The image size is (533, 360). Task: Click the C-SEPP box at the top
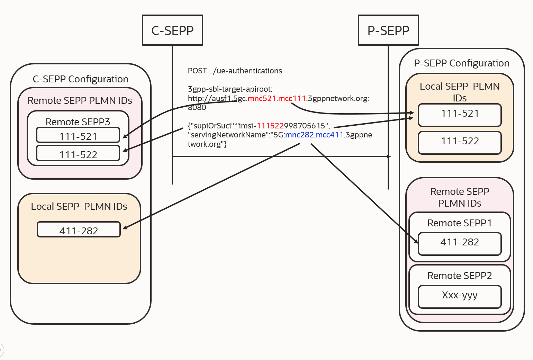172,30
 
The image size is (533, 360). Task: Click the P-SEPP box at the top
388,30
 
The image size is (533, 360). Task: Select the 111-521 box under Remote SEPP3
78,135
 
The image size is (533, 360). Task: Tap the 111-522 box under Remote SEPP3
78,154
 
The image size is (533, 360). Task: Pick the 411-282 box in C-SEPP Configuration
79,230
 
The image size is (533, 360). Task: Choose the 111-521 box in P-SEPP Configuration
460,115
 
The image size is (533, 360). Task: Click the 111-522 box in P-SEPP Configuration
460,142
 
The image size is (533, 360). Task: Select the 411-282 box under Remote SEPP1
460,243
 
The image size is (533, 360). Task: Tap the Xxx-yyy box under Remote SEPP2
460,296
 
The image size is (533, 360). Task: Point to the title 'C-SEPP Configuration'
81,79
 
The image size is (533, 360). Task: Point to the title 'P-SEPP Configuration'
462,63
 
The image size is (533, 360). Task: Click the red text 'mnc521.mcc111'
277,99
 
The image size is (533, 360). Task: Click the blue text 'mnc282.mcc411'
314,135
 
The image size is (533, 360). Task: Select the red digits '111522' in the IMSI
270,126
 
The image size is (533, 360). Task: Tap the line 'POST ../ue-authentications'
235,71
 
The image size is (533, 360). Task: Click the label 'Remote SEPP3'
78,122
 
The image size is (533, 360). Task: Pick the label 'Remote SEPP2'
460,276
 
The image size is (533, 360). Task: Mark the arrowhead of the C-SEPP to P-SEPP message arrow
389,156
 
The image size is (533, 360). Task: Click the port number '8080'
197,108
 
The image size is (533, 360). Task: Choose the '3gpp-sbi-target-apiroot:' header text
230,89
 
